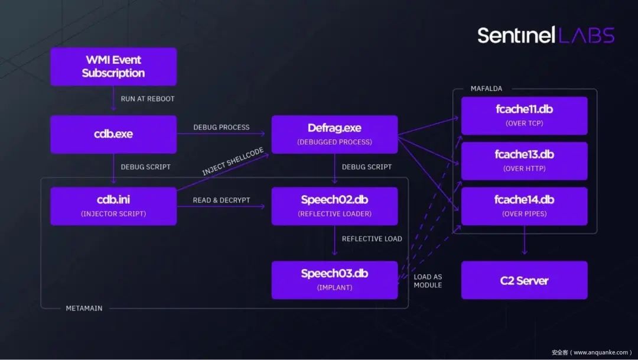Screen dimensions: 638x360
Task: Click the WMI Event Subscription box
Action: click(113, 67)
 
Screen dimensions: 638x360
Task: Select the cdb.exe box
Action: click(113, 134)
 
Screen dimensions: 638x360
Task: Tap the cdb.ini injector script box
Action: click(113, 206)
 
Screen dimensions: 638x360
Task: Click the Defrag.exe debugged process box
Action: click(334, 134)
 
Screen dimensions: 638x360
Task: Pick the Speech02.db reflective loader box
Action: click(334, 206)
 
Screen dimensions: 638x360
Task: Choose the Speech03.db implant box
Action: click(334, 280)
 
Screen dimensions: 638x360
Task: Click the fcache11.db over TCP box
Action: click(525, 116)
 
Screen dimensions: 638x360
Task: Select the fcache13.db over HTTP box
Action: click(525, 161)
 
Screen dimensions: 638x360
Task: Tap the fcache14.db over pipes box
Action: click(525, 206)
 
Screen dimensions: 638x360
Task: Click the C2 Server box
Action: click(525, 280)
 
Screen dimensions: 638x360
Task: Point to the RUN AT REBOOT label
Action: click(147, 99)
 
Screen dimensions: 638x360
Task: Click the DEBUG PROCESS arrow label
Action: click(222, 127)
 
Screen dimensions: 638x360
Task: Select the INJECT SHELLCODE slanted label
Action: click(233, 161)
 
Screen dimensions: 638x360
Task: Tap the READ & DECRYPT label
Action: click(222, 200)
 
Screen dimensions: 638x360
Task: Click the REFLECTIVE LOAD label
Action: click(372, 239)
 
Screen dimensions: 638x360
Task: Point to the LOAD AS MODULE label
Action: click(428, 281)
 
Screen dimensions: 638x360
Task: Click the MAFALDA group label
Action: click(486, 88)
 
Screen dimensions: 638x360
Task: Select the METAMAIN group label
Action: click(84, 309)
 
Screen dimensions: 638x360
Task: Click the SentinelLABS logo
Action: click(546, 35)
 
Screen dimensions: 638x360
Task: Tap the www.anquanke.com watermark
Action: click(591, 352)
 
